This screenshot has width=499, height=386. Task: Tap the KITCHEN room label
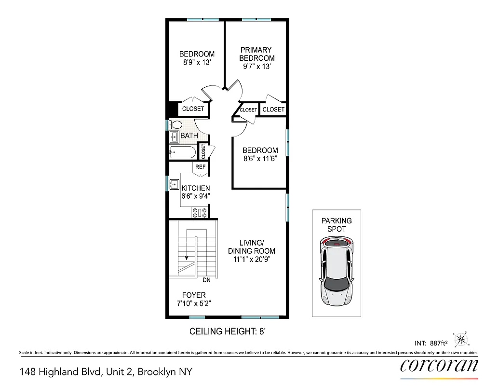195,188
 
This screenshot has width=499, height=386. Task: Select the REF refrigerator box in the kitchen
201,167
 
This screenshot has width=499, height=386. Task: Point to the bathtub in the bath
182,153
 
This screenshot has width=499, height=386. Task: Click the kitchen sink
174,184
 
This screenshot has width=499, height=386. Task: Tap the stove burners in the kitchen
200,211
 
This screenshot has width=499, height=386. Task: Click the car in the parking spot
337,272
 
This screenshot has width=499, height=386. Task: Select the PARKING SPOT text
337,224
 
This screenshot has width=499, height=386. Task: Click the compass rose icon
461,339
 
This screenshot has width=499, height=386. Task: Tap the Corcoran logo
439,366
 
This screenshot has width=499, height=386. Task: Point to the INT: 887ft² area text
432,344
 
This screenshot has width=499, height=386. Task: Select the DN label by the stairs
206,280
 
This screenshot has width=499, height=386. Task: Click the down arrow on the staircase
186,257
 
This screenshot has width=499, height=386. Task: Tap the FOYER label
194,295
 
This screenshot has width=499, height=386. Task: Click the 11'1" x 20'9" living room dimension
251,259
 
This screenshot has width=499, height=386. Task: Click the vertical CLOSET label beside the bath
203,152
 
